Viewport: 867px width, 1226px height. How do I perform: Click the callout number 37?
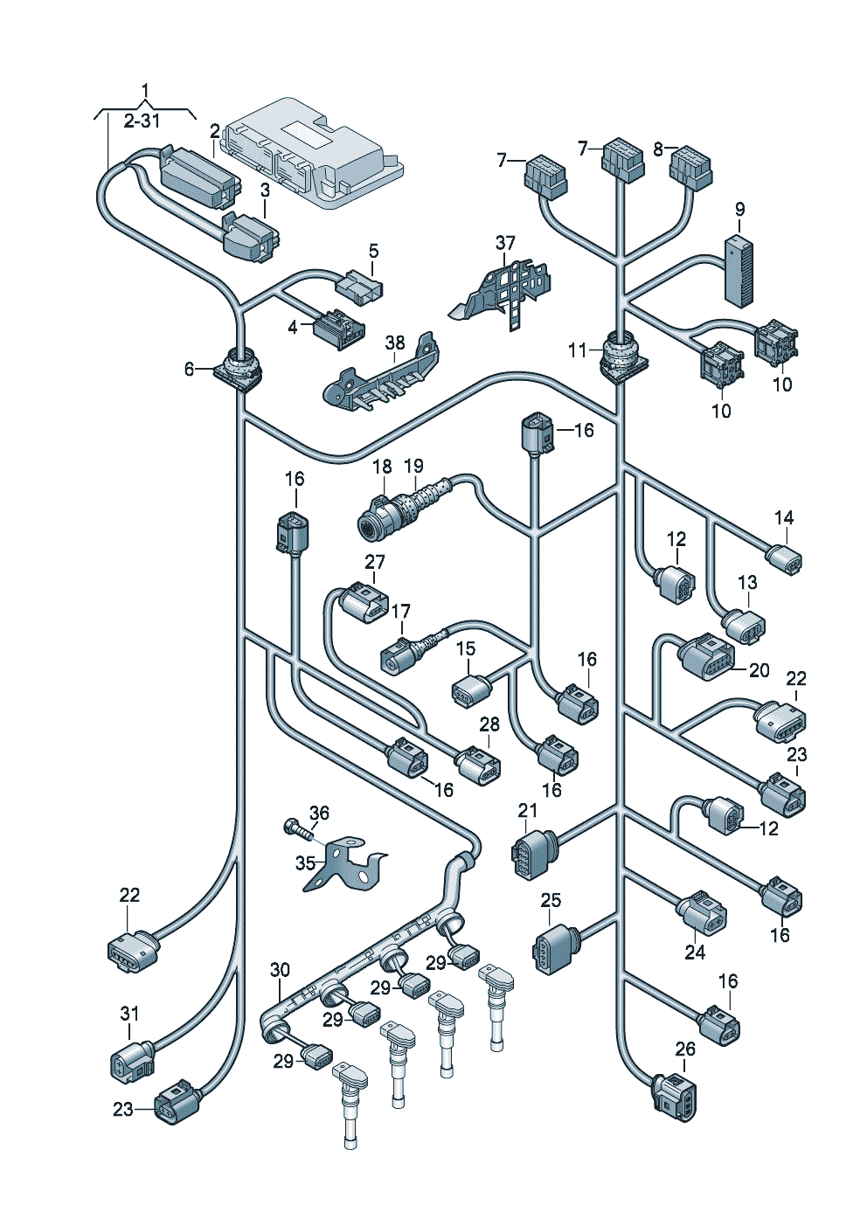[505, 242]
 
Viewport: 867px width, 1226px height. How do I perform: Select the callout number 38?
[395, 343]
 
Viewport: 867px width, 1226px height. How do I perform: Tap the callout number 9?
[739, 210]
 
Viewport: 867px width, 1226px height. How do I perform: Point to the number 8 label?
[659, 149]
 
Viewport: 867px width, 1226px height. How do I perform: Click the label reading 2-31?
[142, 121]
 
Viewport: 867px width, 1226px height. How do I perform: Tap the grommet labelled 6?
[239, 367]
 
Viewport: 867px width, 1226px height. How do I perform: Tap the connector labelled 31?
[129, 1058]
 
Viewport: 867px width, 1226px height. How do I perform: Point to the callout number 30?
[279, 970]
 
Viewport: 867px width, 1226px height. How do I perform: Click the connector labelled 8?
[690, 169]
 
